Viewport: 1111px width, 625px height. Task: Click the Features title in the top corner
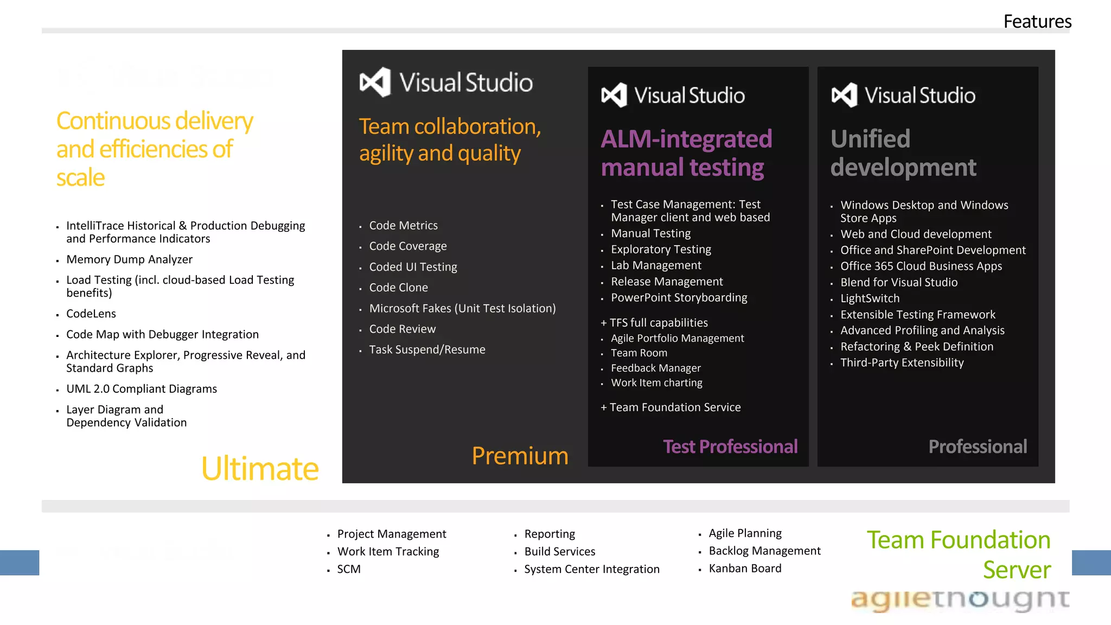pos(1037,22)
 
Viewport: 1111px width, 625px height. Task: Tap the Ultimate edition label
pos(259,468)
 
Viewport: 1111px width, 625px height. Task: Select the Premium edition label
pos(520,456)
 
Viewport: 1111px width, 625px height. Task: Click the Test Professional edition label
pos(730,447)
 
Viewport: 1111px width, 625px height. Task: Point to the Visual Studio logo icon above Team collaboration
pos(375,82)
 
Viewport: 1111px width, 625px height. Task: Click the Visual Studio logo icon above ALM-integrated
pos(614,95)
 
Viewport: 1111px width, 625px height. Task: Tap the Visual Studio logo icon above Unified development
pos(844,95)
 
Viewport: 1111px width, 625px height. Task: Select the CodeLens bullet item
pos(91,314)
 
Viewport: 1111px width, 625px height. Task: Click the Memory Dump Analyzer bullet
pos(129,259)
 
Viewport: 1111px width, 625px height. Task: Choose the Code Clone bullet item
pos(398,288)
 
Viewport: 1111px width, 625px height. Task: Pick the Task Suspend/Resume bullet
pos(427,349)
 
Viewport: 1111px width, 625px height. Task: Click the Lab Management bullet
pos(656,265)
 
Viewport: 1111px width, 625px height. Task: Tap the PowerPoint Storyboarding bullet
pos(679,297)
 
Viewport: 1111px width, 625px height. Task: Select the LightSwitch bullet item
pos(870,298)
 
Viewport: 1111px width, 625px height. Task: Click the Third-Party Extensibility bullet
pos(902,362)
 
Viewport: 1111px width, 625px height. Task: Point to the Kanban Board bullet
pos(745,568)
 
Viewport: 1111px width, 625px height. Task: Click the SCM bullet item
pos(349,569)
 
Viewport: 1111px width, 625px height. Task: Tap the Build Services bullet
pos(559,551)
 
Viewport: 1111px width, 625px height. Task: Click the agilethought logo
pos(960,600)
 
